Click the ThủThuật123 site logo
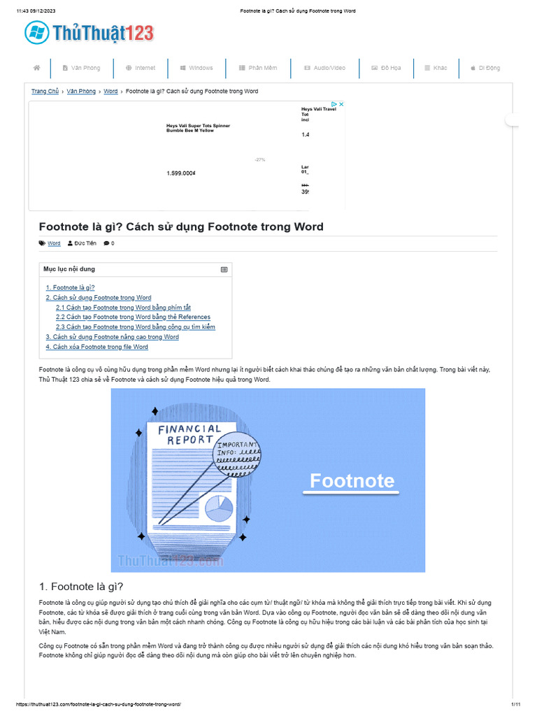click(x=89, y=33)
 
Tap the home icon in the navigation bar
click(x=36, y=68)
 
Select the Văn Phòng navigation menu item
click(x=80, y=68)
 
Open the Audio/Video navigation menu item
click(x=324, y=68)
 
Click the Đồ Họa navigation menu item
click(x=386, y=68)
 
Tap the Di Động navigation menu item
click(x=485, y=68)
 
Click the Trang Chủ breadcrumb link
click(x=45, y=92)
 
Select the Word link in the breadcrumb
click(x=110, y=92)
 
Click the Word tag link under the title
click(x=54, y=243)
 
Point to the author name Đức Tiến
click(x=85, y=243)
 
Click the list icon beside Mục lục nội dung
click(x=224, y=269)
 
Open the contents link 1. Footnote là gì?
click(x=71, y=287)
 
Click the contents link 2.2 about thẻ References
click(x=133, y=317)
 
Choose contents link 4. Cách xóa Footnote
click(x=97, y=347)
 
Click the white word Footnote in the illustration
click(x=352, y=481)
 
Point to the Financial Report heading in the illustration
click(x=188, y=434)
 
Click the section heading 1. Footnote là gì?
click(x=81, y=586)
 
